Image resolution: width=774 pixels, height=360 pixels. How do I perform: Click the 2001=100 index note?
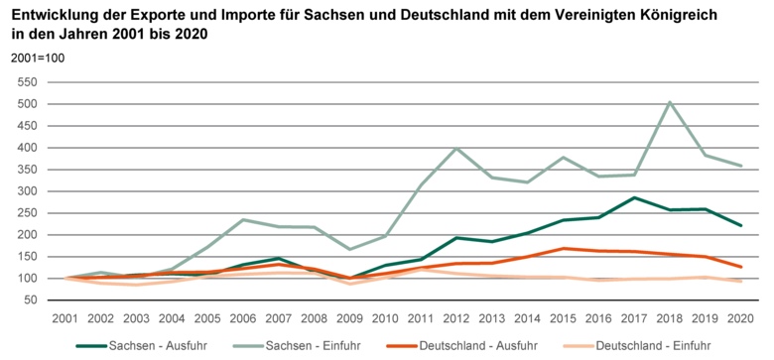click(x=37, y=59)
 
